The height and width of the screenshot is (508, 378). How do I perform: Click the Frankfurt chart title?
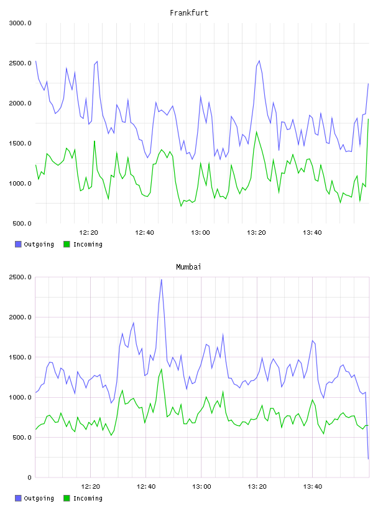tap(189, 13)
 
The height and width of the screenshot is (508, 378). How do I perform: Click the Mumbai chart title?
tap(188, 267)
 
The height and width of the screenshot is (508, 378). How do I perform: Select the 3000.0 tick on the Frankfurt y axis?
tap(20, 23)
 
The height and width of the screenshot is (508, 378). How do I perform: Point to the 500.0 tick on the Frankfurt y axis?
tap(22, 223)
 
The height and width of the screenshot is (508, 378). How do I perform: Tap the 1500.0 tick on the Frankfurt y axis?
tap(20, 144)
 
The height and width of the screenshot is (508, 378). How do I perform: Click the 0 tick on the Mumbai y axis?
tap(29, 477)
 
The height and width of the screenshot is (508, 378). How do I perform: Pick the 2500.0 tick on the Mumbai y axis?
tap(20, 277)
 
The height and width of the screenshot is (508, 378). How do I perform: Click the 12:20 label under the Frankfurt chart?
tap(88, 233)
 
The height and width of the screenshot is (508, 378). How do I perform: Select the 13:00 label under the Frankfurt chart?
tap(200, 233)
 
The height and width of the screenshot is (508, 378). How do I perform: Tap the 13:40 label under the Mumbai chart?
tap(313, 487)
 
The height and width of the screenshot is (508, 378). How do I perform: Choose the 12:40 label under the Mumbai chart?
tap(146, 487)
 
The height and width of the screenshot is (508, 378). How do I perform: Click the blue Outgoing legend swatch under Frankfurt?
tap(18, 244)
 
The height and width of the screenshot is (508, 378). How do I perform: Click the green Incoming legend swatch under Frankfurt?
tap(67, 244)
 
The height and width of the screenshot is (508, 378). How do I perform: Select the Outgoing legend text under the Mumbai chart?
tap(39, 498)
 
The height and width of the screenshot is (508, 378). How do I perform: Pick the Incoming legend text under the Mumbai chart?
tap(88, 498)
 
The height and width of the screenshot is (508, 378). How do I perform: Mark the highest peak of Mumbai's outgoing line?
tap(162, 280)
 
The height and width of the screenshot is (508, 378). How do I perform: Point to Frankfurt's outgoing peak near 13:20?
tap(259, 60)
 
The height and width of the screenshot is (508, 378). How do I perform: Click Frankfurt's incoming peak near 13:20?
tap(256, 131)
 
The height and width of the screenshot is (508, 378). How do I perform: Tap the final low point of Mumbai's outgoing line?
tap(368, 459)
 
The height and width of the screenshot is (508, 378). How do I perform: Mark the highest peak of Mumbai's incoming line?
tap(162, 369)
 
